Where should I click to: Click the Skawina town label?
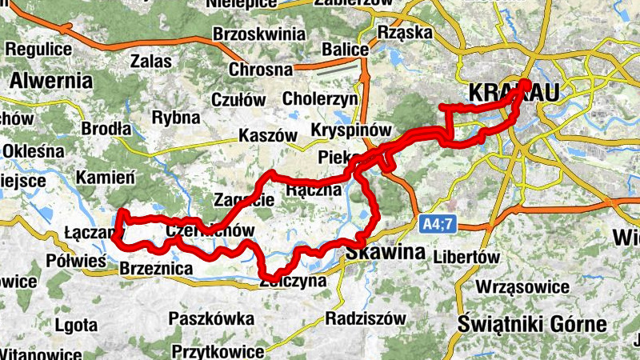click(x=386, y=253)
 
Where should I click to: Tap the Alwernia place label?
click(x=52, y=81)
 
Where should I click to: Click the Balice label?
click(x=345, y=50)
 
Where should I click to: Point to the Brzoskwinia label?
click(x=259, y=34)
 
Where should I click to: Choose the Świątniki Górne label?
click(x=534, y=324)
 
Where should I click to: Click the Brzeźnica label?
click(x=154, y=270)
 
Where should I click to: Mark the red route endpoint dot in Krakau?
click(x=526, y=83)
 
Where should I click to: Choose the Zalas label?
click(x=152, y=61)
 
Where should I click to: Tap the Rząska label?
click(x=404, y=33)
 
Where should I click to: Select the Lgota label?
click(x=76, y=325)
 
